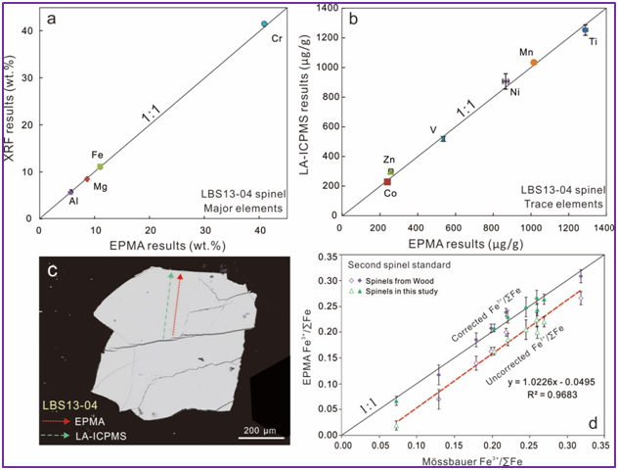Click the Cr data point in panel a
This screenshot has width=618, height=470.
pyautogui.click(x=264, y=23)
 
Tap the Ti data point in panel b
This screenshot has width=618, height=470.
pyautogui.click(x=585, y=30)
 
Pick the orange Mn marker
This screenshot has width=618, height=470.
pyautogui.click(x=534, y=62)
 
